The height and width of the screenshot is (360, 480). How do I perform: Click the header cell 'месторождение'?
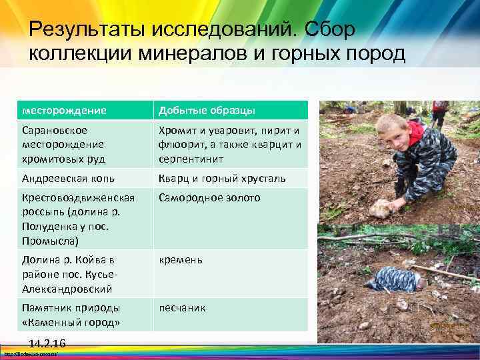(64, 110)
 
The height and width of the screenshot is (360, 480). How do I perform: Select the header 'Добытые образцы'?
(206, 110)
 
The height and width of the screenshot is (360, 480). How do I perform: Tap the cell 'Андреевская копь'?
(68, 178)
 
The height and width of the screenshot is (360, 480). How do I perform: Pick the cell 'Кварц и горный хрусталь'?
(222, 178)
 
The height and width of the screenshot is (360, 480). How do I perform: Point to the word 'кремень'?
(181, 260)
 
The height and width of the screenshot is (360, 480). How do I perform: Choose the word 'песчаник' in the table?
(182, 308)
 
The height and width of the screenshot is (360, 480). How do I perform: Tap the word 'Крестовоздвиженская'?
(78, 198)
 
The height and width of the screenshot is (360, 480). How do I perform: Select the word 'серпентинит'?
(190, 159)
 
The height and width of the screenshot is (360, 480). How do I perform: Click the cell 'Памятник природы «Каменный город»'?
(71, 315)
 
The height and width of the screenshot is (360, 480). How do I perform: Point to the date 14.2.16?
(47, 343)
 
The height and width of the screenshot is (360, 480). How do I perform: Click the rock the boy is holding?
(383, 208)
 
